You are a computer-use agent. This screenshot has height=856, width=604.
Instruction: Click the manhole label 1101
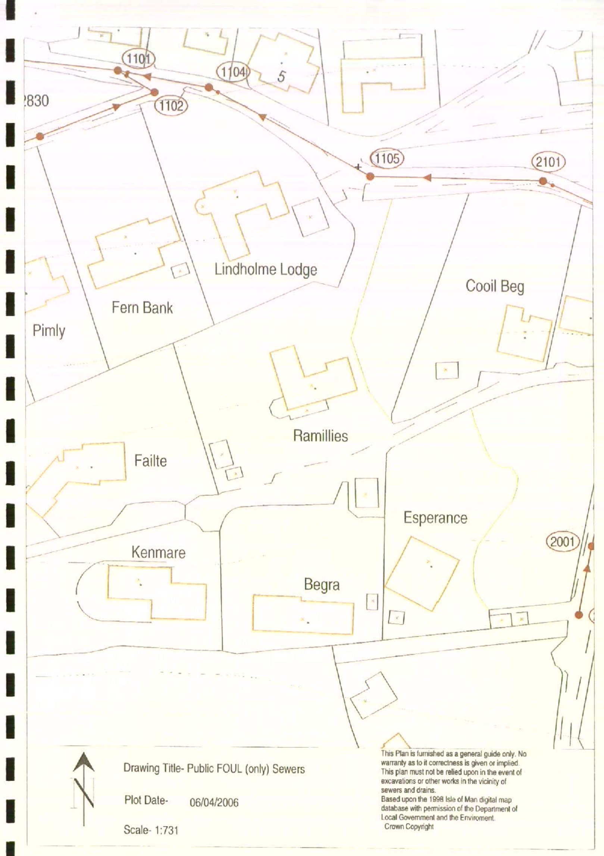click(x=138, y=59)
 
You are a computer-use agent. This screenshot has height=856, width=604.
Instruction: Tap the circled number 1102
click(x=171, y=106)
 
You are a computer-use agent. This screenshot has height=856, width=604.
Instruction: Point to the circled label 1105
click(x=387, y=158)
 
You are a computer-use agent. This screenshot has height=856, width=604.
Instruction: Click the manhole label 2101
click(x=548, y=162)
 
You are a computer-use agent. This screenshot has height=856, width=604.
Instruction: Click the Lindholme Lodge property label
click(x=266, y=270)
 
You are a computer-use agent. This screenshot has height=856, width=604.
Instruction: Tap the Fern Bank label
click(x=142, y=308)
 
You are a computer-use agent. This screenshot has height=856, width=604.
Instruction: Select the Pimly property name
click(x=49, y=331)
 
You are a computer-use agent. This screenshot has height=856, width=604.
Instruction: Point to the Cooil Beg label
click(x=495, y=287)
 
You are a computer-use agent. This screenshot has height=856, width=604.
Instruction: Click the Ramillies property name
click(x=320, y=436)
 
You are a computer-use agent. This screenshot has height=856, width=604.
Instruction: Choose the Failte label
click(x=150, y=461)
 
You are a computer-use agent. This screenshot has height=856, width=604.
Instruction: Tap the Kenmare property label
click(x=158, y=552)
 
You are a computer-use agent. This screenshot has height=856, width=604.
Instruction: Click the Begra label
click(x=322, y=585)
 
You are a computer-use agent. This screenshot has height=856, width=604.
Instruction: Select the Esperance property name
click(x=435, y=518)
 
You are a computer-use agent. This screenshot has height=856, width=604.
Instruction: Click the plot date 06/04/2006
click(x=214, y=802)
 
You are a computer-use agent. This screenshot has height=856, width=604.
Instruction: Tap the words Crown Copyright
click(x=409, y=827)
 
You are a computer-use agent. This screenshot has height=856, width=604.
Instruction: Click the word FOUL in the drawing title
click(x=225, y=769)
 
